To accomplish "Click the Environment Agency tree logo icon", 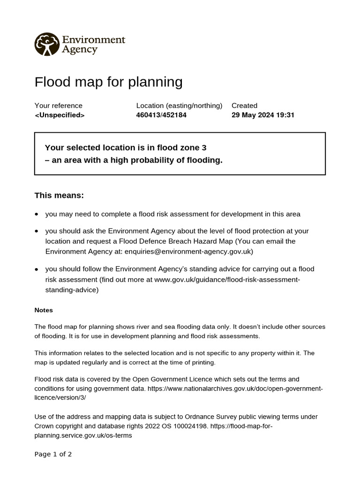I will (x=47, y=44).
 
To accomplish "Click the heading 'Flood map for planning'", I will (x=108, y=82).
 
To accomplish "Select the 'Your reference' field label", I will (x=58, y=105).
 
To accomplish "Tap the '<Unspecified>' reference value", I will (x=60, y=115).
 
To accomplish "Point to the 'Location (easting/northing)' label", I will (x=179, y=105).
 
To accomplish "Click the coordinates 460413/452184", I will (x=161, y=115).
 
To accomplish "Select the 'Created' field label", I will (x=244, y=105).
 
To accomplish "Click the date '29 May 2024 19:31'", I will (x=262, y=115).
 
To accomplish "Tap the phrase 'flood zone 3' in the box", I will (x=184, y=148).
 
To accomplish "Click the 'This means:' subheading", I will (x=59, y=195).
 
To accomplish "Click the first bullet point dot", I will (x=37, y=214).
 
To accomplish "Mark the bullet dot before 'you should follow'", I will (x=37, y=270).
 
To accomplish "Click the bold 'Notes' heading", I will (x=44, y=310).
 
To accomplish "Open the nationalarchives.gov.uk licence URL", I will (x=235, y=389).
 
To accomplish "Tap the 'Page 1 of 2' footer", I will (x=53, y=454).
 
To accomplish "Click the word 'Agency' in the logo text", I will (x=80, y=50).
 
